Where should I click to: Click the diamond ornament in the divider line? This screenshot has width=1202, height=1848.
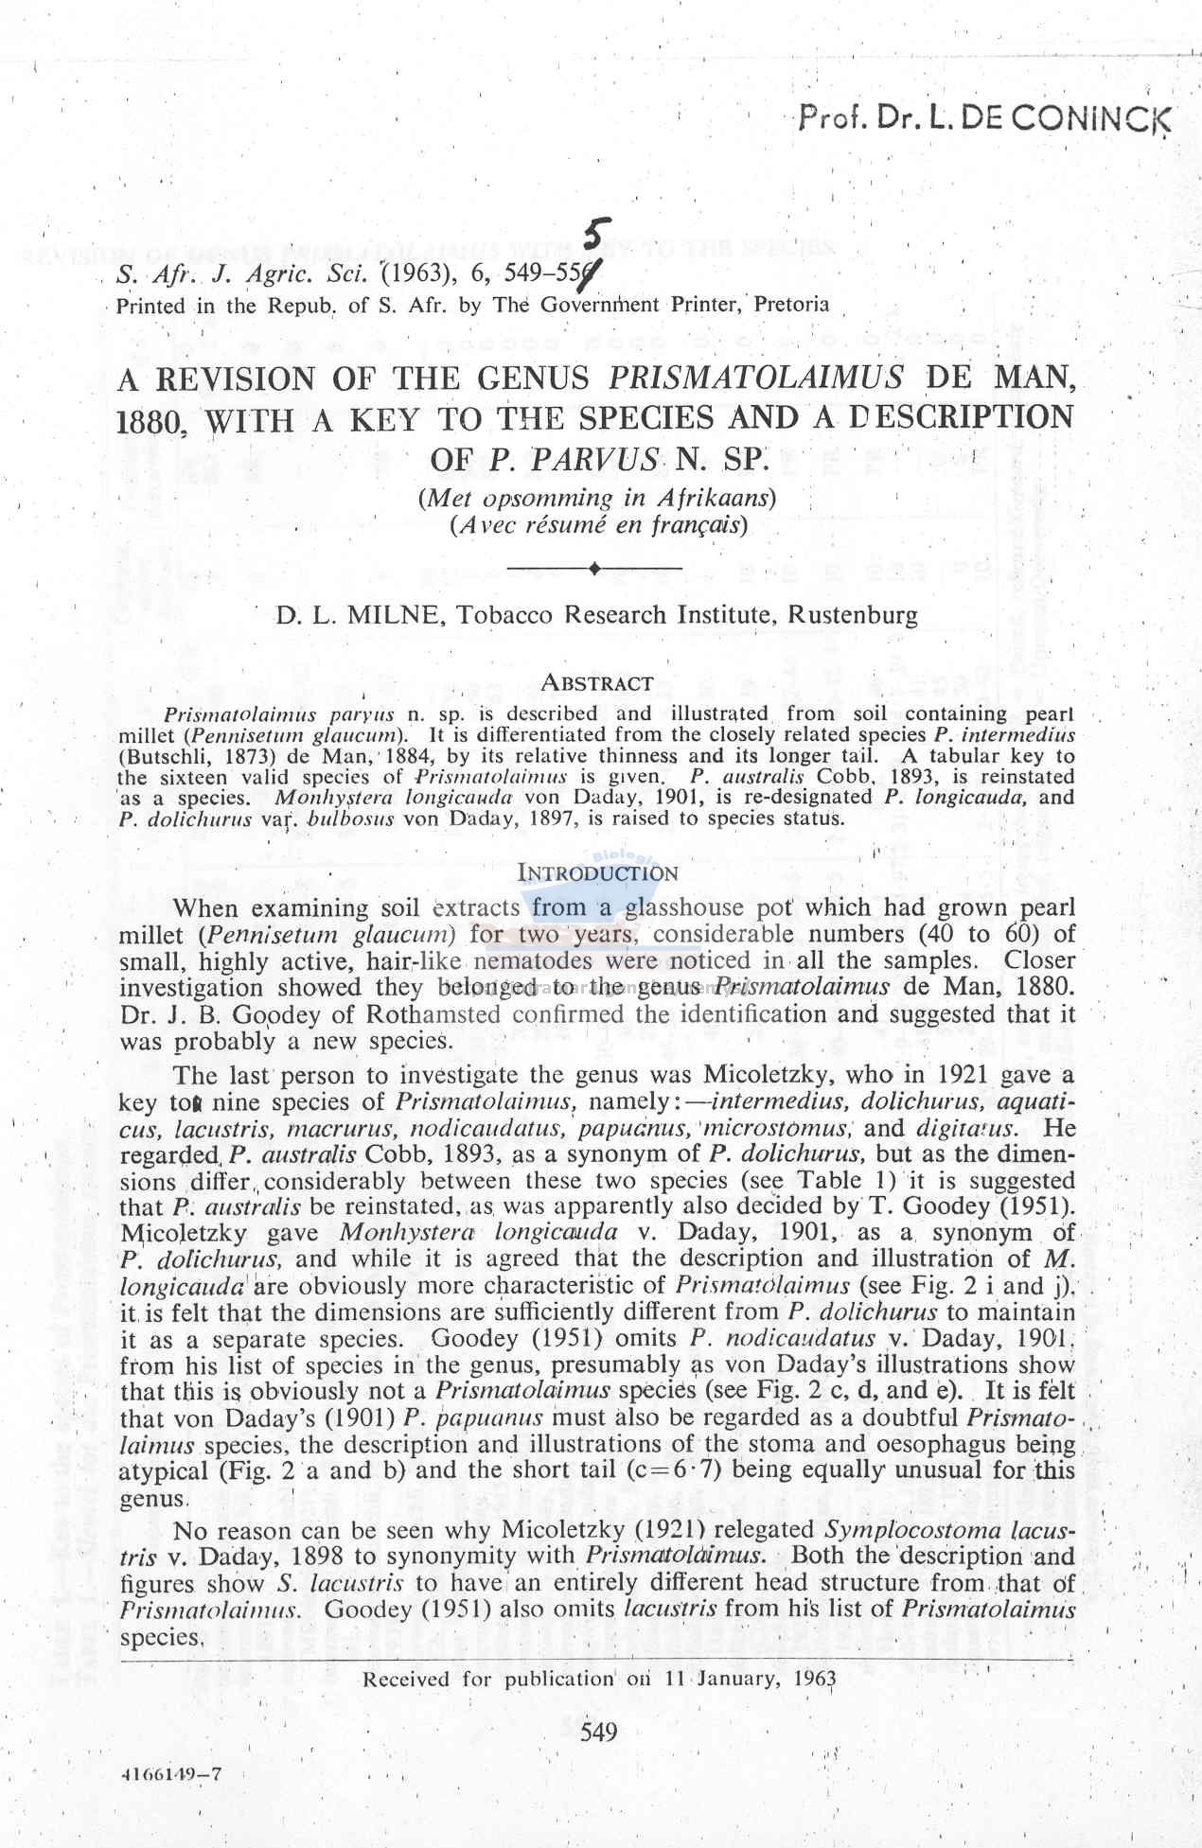click(x=593, y=569)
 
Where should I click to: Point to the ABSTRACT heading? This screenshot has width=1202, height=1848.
click(x=596, y=682)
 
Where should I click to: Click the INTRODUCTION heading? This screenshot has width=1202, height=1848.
click(x=598, y=872)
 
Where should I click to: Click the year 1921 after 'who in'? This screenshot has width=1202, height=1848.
click(x=964, y=1075)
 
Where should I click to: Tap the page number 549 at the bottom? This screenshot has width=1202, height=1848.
click(x=598, y=1732)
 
